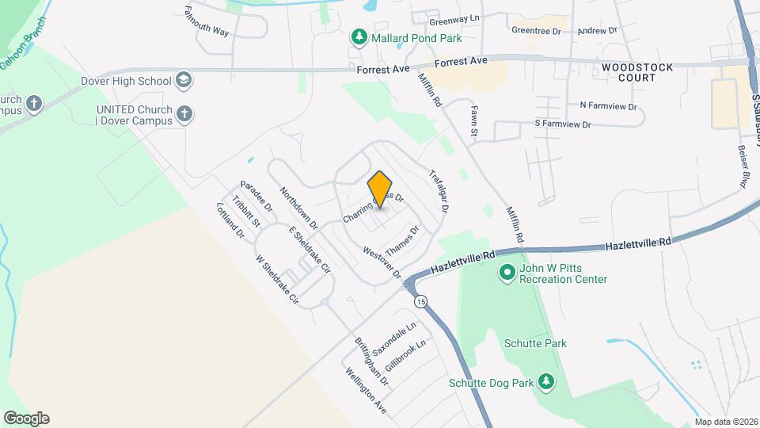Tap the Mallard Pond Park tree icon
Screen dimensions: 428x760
359,37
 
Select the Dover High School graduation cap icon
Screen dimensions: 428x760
184,80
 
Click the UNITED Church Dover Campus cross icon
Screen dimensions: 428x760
184,114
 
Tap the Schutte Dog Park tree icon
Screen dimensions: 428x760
545,382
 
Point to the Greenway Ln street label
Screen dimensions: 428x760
454,17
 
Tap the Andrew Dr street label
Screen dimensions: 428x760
597,31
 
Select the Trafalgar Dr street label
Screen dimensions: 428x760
439,190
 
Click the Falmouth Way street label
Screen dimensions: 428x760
206,21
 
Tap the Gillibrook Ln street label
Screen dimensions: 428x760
405,357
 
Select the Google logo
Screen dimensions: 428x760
25,418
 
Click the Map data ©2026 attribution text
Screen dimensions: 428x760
726,422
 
